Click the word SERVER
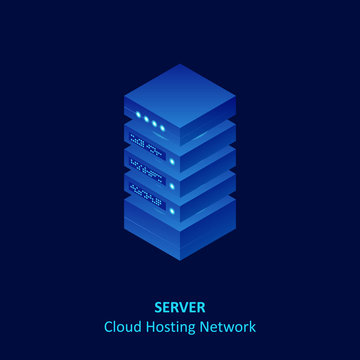180,307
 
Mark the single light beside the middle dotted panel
171,185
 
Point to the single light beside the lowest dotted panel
171,209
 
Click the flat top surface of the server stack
180,95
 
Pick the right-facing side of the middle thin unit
207,175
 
